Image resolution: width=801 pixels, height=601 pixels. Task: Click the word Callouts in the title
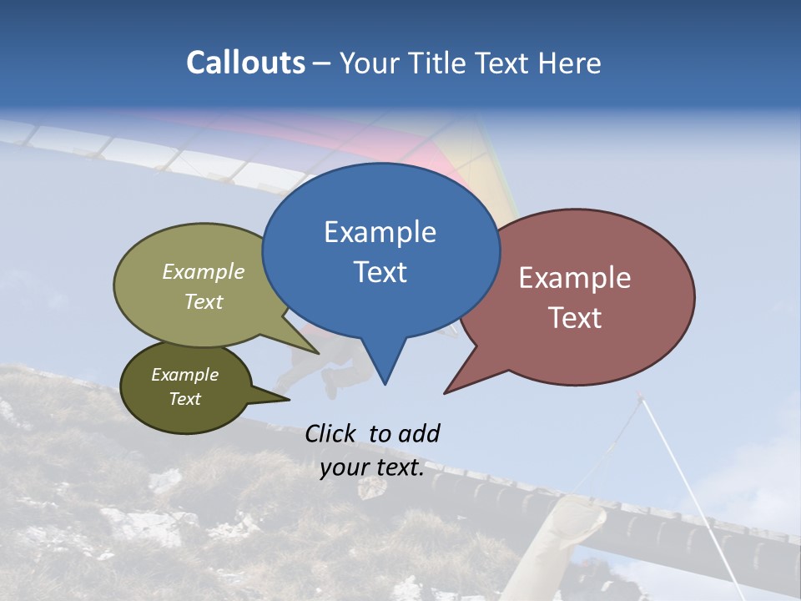tap(245, 63)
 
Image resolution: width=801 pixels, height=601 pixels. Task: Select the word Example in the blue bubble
tap(380, 232)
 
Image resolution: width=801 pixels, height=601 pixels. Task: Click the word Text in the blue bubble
tap(380, 272)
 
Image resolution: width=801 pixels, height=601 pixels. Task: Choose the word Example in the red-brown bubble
tap(575, 278)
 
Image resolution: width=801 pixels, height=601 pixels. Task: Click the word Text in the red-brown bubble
tap(575, 318)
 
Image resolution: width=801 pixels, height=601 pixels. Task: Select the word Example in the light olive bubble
tap(204, 271)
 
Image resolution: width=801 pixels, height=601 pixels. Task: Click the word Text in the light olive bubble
tap(204, 301)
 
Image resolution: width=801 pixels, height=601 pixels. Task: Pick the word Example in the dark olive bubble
tap(184, 375)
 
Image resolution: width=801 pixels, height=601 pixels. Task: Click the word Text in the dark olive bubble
tap(184, 399)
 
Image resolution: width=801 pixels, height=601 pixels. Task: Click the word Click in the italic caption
tap(330, 433)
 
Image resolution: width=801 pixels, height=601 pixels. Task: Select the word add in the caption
tap(418, 433)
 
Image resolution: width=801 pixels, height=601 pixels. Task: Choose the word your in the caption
tap(344, 467)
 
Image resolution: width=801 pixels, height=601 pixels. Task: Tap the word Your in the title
tap(364, 63)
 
